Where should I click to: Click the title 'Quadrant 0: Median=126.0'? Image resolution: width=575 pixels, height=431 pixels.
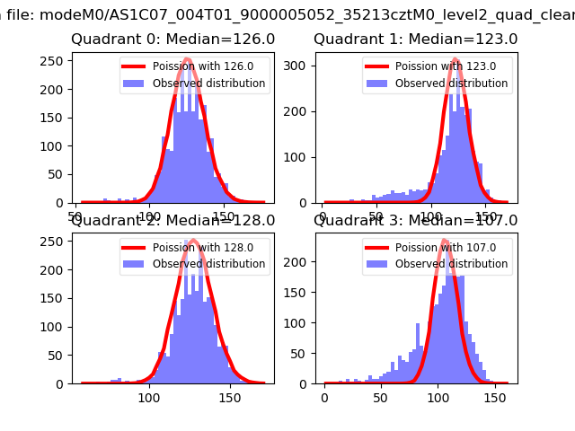pos(173,40)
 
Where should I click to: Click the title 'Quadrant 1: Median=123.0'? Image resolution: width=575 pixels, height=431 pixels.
pos(416,40)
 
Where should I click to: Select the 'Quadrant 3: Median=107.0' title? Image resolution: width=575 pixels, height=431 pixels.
pos(416,220)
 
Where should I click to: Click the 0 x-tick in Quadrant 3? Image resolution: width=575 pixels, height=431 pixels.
pos(324,397)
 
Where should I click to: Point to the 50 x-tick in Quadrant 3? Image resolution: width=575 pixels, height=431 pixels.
pos(381,397)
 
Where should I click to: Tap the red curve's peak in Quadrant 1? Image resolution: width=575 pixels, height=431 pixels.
pos(456,59)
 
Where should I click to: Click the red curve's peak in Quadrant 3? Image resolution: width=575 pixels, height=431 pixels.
pos(445,240)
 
